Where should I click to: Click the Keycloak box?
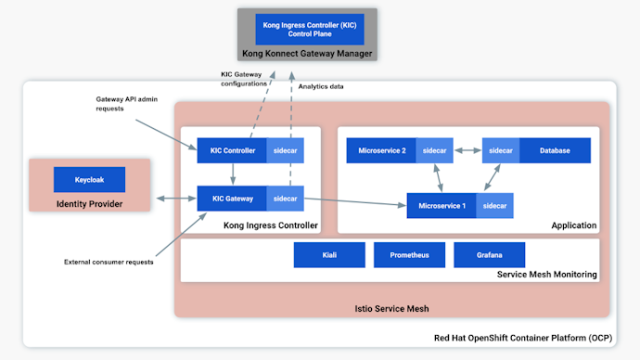[89, 179]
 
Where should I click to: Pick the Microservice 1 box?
[442, 205]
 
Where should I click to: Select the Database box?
[555, 150]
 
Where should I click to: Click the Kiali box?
[329, 254]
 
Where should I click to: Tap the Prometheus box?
[409, 254]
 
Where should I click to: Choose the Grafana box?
[489, 254]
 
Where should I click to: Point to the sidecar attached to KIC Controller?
[285, 150]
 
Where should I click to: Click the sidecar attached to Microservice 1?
[495, 205]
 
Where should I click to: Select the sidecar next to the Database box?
[501, 150]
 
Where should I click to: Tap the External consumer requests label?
[109, 262]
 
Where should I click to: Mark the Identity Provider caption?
[89, 203]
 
